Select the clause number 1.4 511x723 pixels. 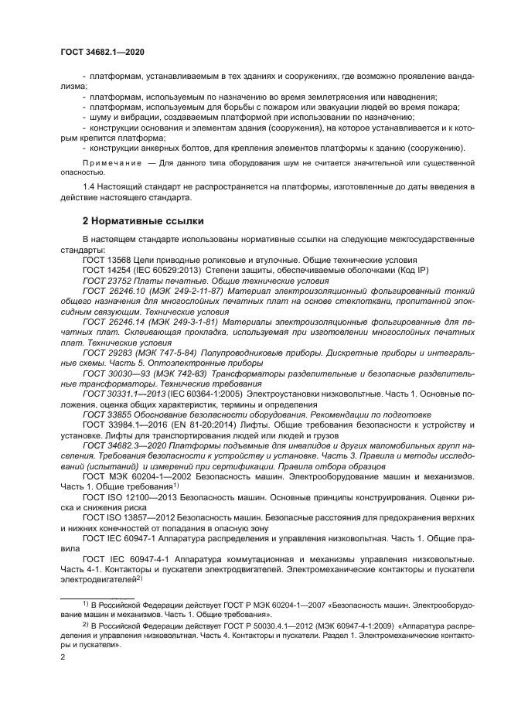88,187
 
